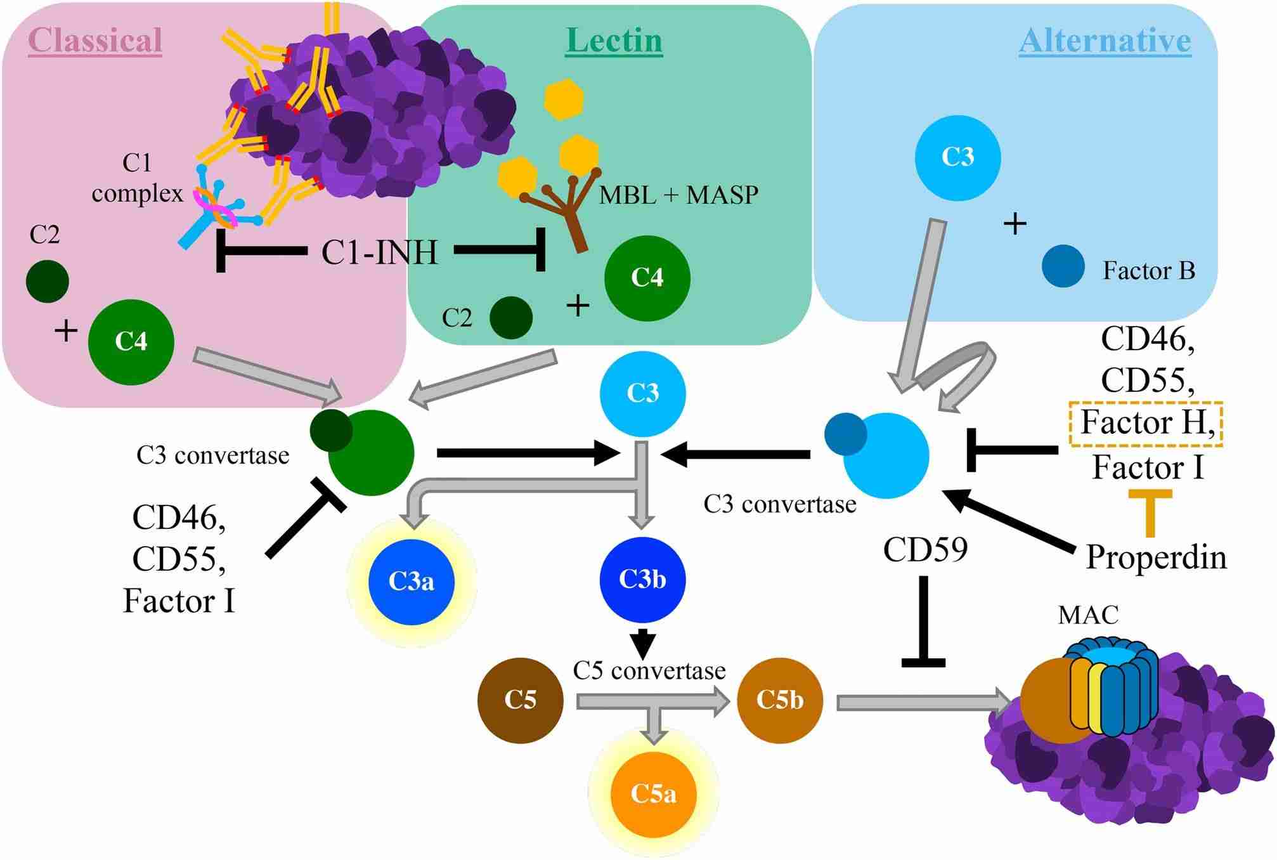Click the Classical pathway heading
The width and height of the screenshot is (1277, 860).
coord(95,41)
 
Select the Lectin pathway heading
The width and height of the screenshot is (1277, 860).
coord(614,41)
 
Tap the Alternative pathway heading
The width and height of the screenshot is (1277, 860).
coord(1105,41)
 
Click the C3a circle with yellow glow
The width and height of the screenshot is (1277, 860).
coord(412,582)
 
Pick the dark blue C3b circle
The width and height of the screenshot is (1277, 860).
coord(642,579)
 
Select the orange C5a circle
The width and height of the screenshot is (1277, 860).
coord(653,793)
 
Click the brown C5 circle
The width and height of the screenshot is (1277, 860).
coord(520,700)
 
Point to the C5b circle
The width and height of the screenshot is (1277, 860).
coord(780,700)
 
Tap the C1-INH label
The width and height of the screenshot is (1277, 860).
coord(379,252)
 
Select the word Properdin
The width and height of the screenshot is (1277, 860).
coord(1156,557)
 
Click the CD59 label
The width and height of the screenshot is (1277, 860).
coord(925,550)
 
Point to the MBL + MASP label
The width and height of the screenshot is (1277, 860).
coord(678,195)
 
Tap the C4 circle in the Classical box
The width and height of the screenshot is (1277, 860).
coord(131,342)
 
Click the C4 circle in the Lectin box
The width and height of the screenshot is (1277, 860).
coord(647,278)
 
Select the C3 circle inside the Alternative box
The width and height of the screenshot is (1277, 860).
coord(957,157)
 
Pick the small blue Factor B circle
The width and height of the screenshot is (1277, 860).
coord(1063,266)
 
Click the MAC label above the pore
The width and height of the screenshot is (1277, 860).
coord(1088,615)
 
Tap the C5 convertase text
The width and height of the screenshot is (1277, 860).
coord(649,670)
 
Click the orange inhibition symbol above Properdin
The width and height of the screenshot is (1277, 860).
coord(1149,511)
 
